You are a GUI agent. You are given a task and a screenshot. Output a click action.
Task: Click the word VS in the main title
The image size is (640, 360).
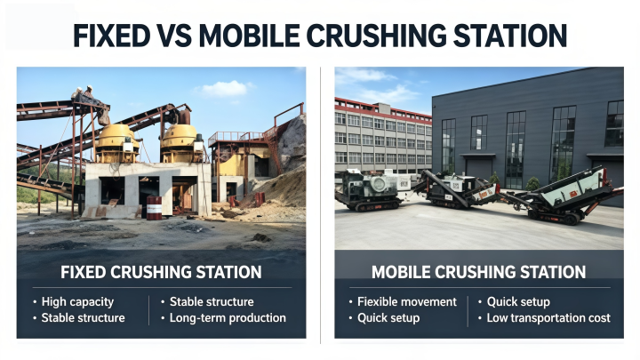click(174, 36)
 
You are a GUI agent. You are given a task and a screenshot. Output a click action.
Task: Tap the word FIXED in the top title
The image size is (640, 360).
click(111, 36)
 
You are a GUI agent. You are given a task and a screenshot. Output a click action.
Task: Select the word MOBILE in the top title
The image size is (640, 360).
click(249, 36)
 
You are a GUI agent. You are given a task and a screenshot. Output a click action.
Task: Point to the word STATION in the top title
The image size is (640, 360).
click(510, 36)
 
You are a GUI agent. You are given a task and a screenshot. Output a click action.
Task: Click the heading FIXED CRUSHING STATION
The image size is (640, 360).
click(161, 272)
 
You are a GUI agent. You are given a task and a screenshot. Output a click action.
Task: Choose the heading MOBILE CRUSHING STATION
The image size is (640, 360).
click(479, 272)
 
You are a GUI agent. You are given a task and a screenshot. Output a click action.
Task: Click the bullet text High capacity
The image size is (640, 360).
click(77, 302)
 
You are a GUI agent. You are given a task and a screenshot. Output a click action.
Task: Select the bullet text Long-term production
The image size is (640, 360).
click(228, 318)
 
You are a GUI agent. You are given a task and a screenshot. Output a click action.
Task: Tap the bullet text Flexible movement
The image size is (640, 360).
click(407, 302)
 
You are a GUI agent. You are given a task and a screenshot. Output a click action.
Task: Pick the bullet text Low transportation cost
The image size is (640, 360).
click(548, 318)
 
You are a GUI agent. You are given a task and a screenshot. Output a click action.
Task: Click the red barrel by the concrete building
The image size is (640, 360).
click(154, 208)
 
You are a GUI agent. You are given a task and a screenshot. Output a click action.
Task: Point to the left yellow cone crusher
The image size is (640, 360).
click(116, 143)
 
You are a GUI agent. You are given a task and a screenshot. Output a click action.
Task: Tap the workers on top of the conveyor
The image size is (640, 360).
click(83, 92)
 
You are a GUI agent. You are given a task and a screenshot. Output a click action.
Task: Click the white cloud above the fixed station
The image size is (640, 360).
click(223, 89)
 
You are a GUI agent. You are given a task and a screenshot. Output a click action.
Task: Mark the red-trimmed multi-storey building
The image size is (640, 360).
click(383, 137)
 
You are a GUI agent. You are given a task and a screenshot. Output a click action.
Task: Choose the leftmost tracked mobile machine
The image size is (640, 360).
click(372, 190)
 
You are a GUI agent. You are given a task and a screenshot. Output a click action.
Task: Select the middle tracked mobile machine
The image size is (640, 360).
click(457, 188)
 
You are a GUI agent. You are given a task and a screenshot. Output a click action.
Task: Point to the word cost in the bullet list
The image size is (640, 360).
click(600, 318)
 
